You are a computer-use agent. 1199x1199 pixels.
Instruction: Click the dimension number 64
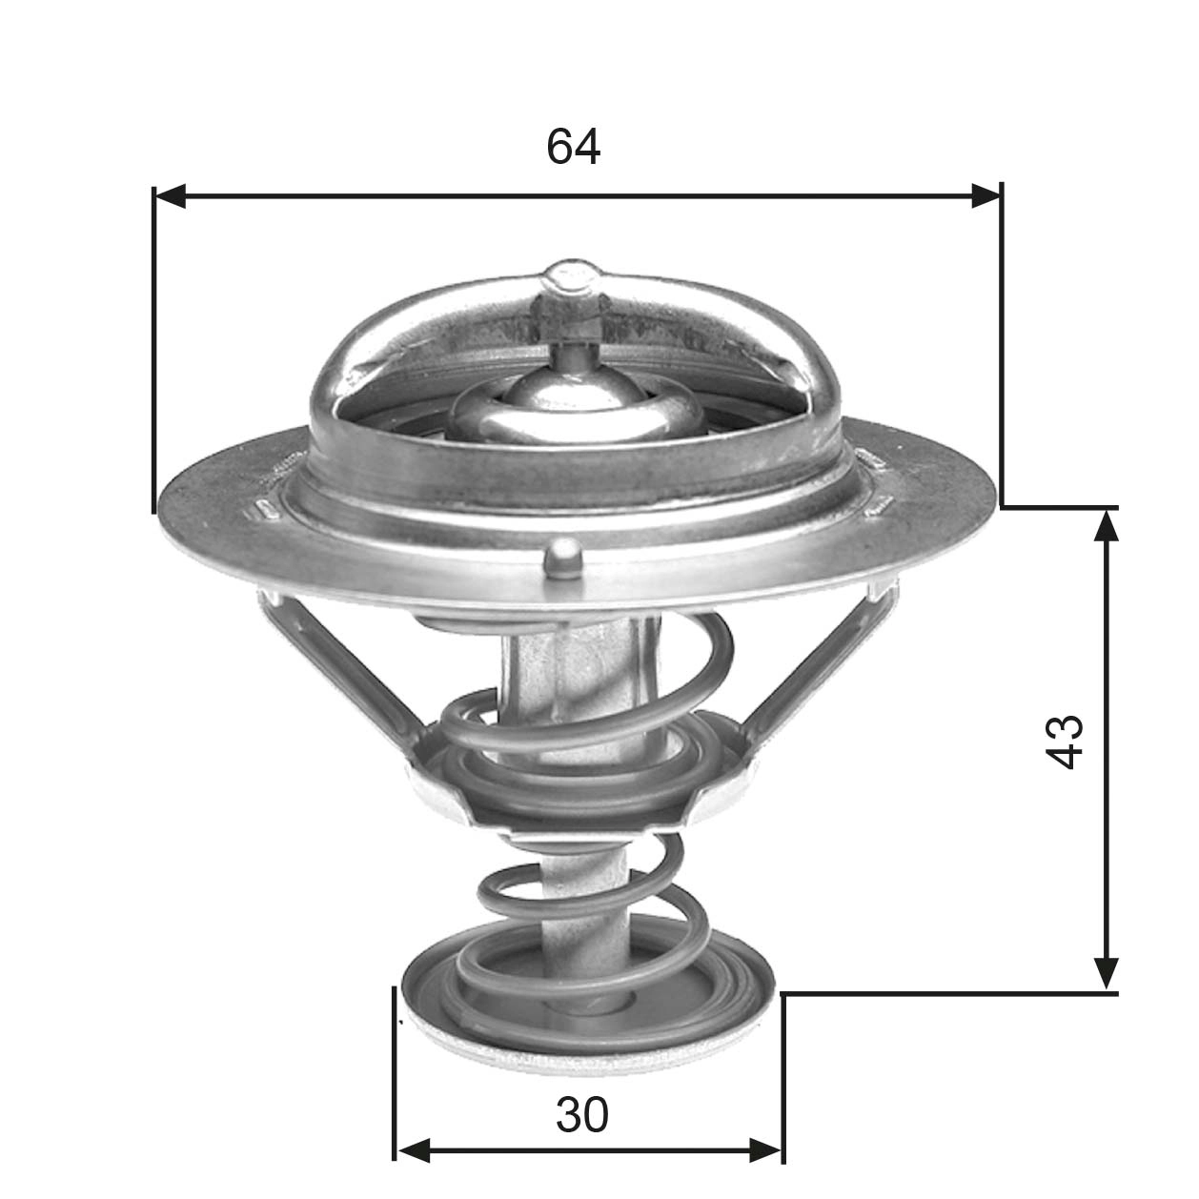[x=573, y=147]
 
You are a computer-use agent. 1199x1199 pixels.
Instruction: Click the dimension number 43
[x=1064, y=741]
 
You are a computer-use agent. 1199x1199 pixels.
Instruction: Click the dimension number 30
[x=581, y=1115]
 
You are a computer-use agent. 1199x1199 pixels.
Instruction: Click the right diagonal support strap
[x=820, y=667]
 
